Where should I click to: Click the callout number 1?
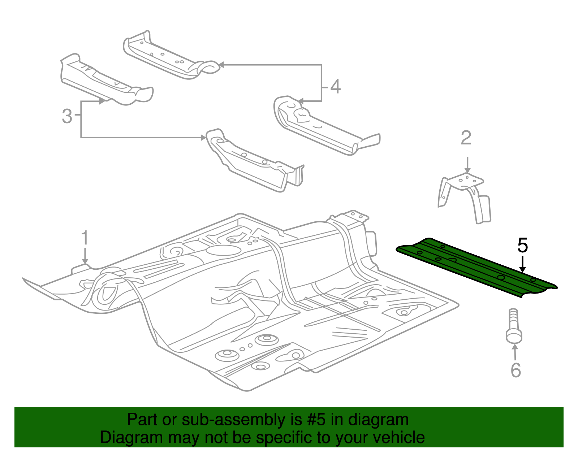(x=85, y=238)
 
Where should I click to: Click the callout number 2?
(x=466, y=138)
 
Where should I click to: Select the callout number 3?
(x=67, y=116)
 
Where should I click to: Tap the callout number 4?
(x=335, y=87)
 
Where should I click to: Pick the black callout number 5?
(x=522, y=246)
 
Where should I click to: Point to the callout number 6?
(x=516, y=370)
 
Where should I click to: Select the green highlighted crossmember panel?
(x=477, y=267)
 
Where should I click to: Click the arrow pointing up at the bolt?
(x=515, y=352)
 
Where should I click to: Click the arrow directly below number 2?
(x=467, y=165)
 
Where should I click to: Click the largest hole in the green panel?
(x=501, y=277)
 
